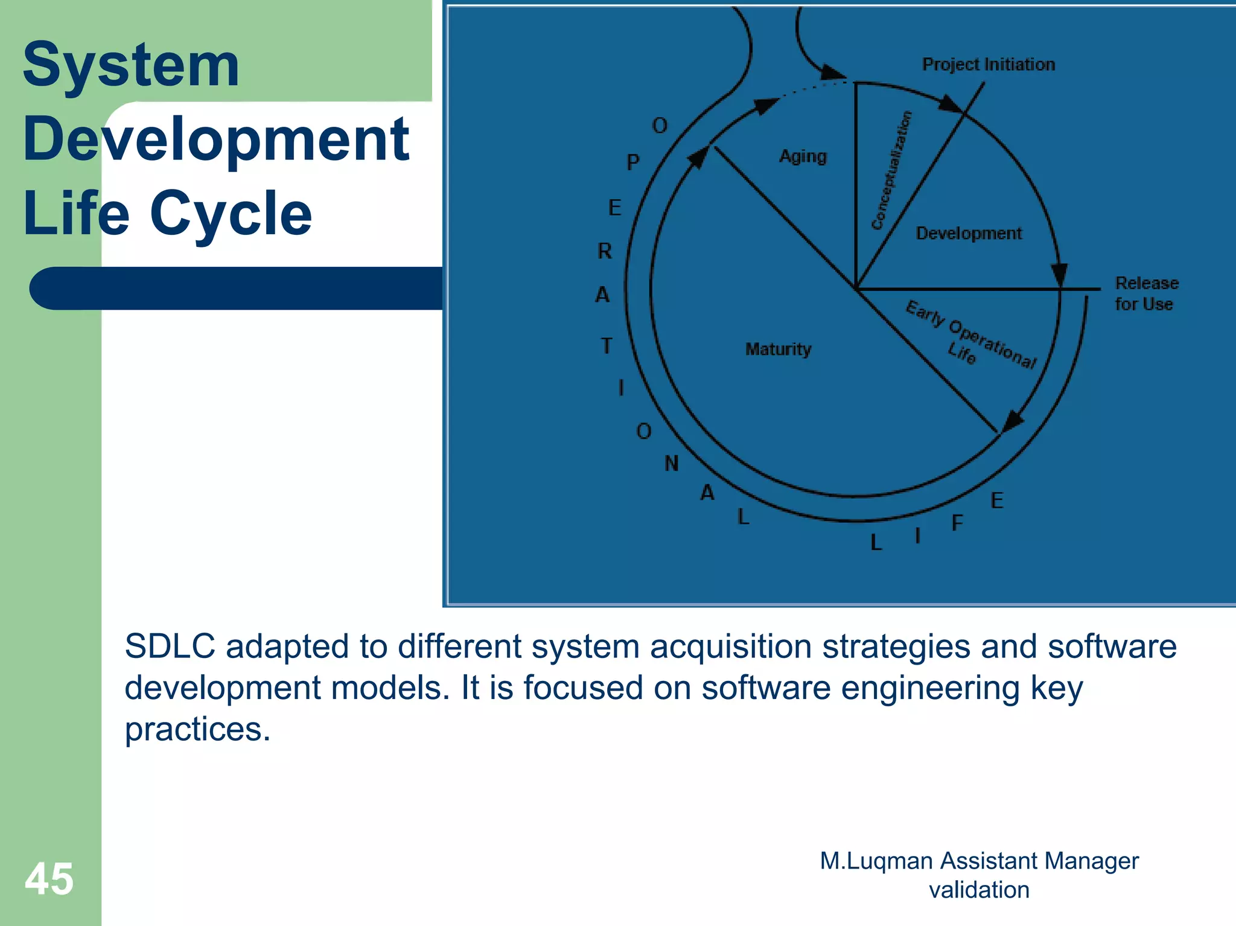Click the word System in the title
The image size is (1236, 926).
131,65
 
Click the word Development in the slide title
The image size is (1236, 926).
216,140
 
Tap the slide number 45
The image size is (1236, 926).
49,879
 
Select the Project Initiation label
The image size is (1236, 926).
988,65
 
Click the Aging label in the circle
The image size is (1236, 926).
803,156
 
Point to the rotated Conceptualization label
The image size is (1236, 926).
891,171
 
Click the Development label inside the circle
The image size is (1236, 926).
969,234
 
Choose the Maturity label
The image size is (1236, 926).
778,350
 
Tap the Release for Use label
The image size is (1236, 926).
1145,293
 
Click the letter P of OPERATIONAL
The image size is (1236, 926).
632,162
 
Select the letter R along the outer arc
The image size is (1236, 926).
605,251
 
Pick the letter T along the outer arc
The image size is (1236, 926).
607,346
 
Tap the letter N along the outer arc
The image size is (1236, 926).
672,464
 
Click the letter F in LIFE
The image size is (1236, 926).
957,523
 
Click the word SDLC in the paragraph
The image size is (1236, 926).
170,647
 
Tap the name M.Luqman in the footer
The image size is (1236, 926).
876,861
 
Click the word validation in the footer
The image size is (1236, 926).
979,890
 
